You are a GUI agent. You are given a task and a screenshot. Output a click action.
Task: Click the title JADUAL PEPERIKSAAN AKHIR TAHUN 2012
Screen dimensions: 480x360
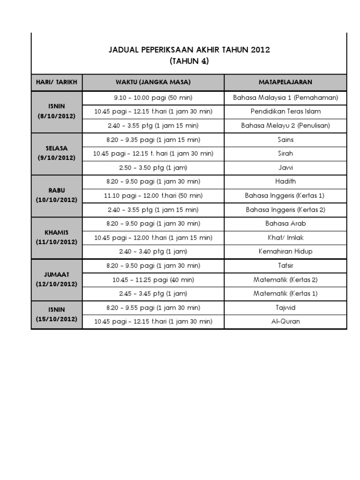click(189, 50)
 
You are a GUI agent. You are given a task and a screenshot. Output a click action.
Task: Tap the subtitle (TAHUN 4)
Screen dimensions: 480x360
click(189, 61)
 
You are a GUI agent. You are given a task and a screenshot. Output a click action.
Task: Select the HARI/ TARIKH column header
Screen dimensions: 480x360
click(56, 82)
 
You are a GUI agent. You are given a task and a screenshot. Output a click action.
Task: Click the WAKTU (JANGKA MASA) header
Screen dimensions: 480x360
click(153, 82)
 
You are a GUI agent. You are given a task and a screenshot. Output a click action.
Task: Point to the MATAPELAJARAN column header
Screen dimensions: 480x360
click(285, 82)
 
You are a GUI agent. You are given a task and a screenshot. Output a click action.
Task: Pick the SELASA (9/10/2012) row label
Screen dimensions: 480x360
click(56, 153)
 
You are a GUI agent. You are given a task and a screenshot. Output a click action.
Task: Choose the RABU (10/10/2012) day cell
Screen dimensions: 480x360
click(56, 195)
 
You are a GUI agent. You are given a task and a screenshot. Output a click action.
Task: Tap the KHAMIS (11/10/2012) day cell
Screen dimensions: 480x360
click(56, 237)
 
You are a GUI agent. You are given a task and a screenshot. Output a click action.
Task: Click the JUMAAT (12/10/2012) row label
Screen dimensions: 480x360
click(56, 279)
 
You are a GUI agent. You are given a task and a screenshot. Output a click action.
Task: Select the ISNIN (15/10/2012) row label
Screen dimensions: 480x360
click(56, 314)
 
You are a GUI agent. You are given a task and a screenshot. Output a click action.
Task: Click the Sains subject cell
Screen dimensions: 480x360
click(285, 139)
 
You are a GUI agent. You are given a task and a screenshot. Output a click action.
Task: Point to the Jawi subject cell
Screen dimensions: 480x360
click(285, 167)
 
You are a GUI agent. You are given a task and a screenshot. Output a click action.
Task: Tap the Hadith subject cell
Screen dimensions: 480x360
click(285, 181)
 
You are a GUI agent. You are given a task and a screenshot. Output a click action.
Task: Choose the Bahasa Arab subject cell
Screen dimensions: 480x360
click(285, 224)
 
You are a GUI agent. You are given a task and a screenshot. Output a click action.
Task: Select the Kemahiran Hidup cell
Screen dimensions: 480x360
click(285, 252)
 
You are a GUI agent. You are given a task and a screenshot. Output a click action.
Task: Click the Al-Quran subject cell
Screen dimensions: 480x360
click(285, 322)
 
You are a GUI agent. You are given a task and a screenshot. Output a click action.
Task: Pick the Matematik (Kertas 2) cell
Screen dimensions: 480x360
click(285, 280)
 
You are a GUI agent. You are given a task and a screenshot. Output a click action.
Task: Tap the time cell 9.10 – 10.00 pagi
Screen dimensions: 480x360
click(153, 97)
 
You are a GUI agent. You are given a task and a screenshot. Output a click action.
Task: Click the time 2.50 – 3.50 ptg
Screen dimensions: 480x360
click(153, 167)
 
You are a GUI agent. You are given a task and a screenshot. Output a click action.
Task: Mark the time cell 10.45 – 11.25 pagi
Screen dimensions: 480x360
click(153, 280)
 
